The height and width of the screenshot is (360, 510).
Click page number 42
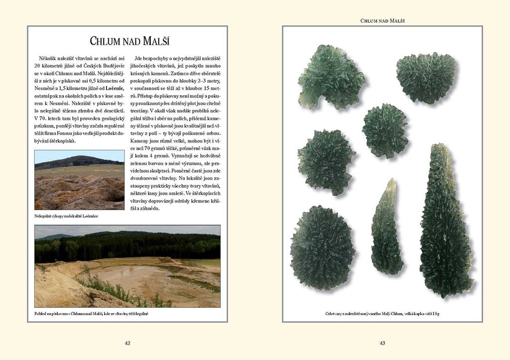click(x=127, y=343)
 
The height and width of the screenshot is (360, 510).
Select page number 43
click(x=382, y=343)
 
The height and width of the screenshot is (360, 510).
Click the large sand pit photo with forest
click(x=127, y=266)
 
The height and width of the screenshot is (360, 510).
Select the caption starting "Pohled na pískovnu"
click(x=92, y=314)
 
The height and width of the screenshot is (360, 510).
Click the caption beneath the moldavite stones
click(x=382, y=314)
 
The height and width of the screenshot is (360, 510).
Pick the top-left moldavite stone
click(x=331, y=76)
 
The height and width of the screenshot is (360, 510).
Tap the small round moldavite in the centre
click(x=385, y=130)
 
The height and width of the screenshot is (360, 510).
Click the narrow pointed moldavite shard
click(x=387, y=229)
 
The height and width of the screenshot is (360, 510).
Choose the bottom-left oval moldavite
click(x=322, y=248)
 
